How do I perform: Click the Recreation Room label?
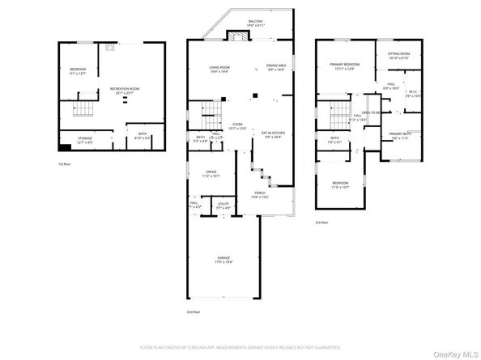coord(126,90)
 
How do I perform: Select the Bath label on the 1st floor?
coord(142,134)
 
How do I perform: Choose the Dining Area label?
coord(277,67)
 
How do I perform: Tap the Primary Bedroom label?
coord(344,66)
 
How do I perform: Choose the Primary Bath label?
coord(401,136)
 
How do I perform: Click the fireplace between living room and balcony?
coord(236,37)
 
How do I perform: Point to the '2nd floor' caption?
coord(193,311)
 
